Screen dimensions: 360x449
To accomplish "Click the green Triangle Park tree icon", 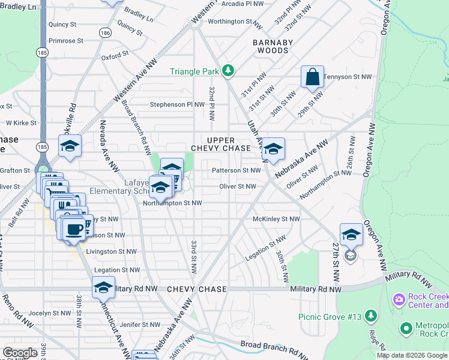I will pyautogui.click(x=228, y=71).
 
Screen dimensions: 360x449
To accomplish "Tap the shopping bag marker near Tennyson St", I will pyautogui.click(x=312, y=77).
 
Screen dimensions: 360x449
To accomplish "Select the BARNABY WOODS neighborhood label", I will pyautogui.click(x=272, y=46).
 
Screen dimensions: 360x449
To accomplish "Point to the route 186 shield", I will pyautogui.click(x=106, y=32).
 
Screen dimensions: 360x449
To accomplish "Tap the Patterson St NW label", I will pyautogui.click(x=236, y=170).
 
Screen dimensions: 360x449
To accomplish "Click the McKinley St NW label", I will pyautogui.click(x=276, y=220).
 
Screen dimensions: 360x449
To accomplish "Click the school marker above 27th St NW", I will pyautogui.click(x=351, y=235).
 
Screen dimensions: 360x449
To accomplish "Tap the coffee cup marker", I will pyautogui.click(x=74, y=229).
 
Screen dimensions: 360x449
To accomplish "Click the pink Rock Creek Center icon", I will pyautogui.click(x=399, y=299).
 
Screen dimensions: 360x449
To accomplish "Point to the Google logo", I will pyautogui.click(x=20, y=353).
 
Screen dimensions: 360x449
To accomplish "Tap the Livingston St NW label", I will pyautogui.click(x=111, y=251).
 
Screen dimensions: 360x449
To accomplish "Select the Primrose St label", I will pyautogui.click(x=66, y=41).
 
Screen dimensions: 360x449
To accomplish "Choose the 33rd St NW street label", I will pyautogui.click(x=194, y=255).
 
